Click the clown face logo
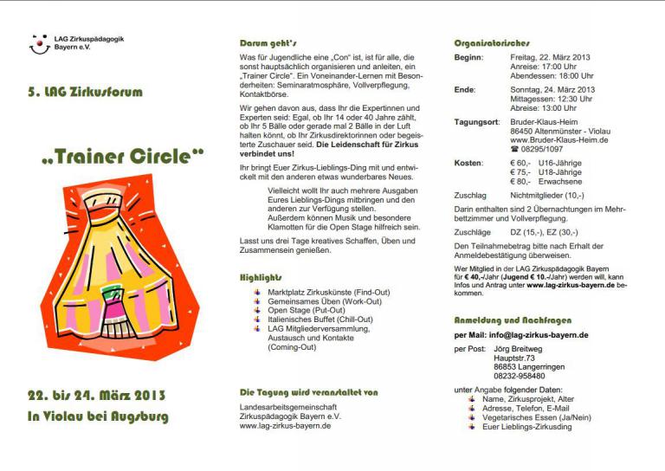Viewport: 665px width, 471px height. pyautogui.click(x=39, y=44)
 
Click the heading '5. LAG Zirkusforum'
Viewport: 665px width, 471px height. pyautogui.click(x=86, y=92)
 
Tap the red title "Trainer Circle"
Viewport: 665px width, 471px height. pyautogui.click(x=122, y=158)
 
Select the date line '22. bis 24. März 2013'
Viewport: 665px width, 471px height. pyautogui.click(x=96, y=396)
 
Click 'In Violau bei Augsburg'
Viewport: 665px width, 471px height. pyautogui.click(x=98, y=416)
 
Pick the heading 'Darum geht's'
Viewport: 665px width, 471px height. pyautogui.click(x=268, y=42)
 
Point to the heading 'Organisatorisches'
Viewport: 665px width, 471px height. pyautogui.click(x=492, y=42)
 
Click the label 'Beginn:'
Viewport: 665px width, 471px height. pyautogui.click(x=469, y=57)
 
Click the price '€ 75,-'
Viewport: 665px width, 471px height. pyautogui.click(x=520, y=171)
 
